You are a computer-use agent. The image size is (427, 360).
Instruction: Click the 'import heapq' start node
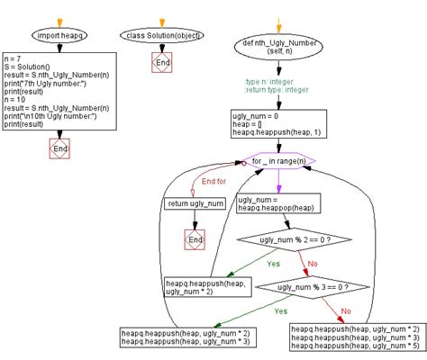(59, 36)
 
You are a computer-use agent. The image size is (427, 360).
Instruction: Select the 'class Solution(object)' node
(162, 36)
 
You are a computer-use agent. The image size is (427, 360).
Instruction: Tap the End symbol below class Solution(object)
(162, 64)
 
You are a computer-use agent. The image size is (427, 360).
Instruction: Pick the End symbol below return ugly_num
(195, 239)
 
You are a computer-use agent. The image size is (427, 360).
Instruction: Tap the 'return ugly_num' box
(195, 204)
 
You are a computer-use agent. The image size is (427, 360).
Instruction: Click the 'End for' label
(214, 181)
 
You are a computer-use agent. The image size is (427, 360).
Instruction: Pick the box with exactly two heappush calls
(186, 337)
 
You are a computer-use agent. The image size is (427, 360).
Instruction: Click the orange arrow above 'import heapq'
(59, 19)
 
